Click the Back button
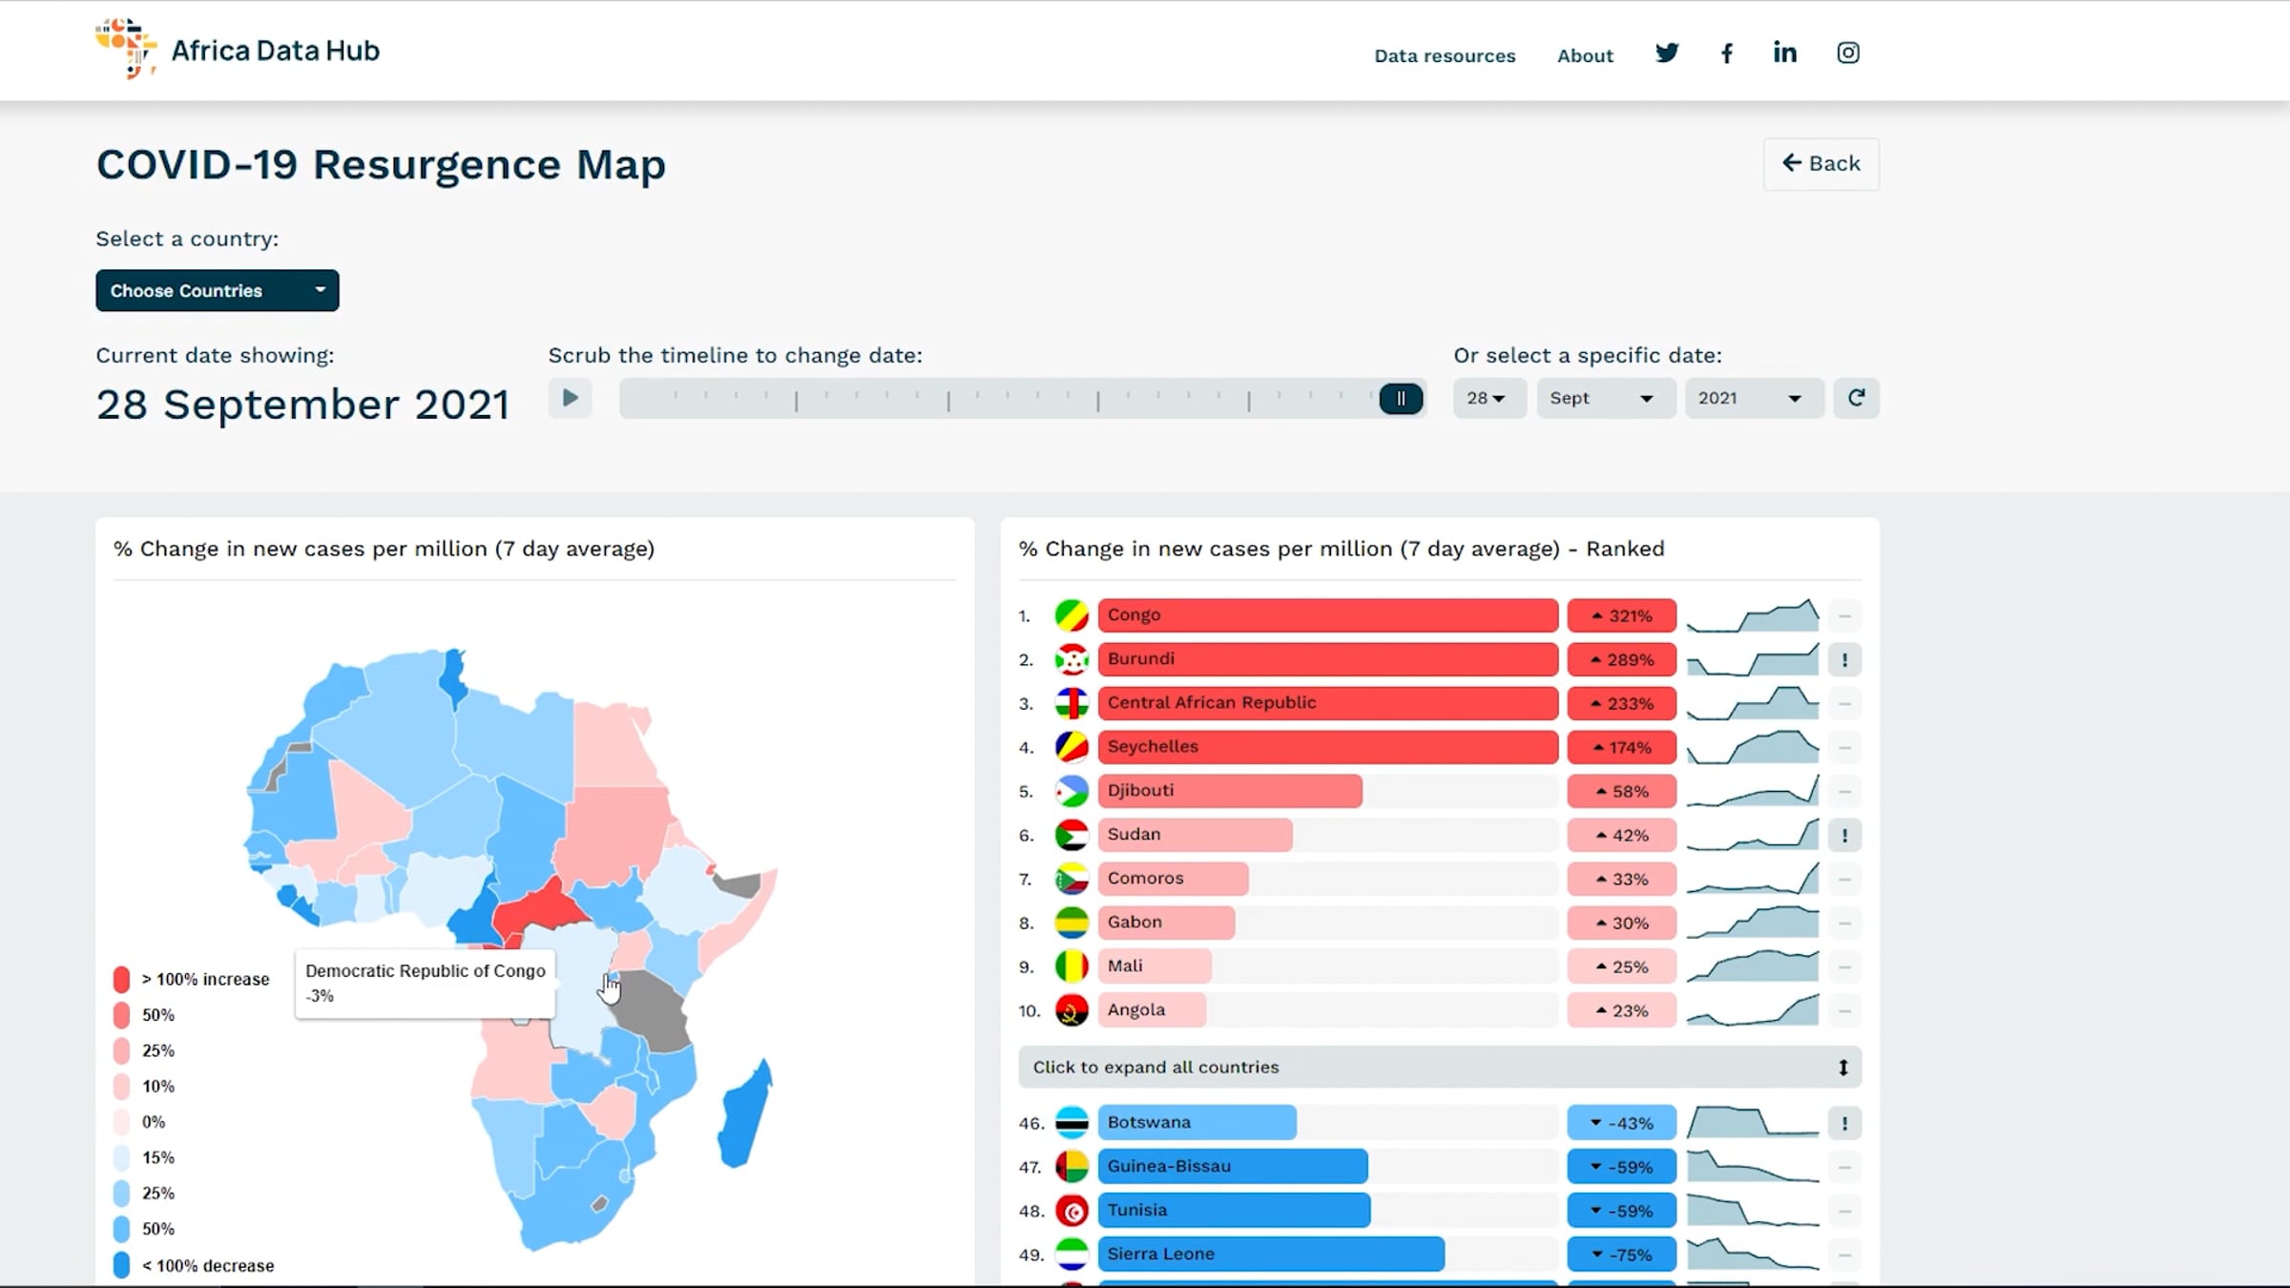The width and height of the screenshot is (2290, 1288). point(1821,164)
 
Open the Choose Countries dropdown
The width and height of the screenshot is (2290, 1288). point(217,290)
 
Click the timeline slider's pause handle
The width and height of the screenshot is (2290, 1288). point(1401,399)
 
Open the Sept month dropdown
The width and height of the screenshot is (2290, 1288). point(1606,399)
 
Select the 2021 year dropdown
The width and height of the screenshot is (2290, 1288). point(1754,399)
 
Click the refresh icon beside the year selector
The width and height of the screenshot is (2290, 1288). point(1856,398)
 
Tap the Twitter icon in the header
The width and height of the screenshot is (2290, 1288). point(1667,53)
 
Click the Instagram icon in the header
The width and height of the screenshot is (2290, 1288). point(1848,53)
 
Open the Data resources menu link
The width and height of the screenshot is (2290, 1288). point(1445,55)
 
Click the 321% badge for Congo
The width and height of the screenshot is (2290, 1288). point(1621,615)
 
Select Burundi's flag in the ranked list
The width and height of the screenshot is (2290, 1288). point(1072,659)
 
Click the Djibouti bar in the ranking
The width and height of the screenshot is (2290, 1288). point(1230,791)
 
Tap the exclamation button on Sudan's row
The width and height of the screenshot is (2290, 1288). point(1844,836)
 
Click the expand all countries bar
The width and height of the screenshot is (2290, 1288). point(1440,1067)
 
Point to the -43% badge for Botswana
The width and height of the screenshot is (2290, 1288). point(1621,1123)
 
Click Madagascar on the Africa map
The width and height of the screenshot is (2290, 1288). point(745,1116)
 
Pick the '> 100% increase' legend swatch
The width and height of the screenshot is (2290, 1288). point(121,979)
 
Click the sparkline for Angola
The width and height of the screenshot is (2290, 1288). point(1753,1009)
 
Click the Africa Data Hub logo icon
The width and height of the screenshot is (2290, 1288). point(126,48)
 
